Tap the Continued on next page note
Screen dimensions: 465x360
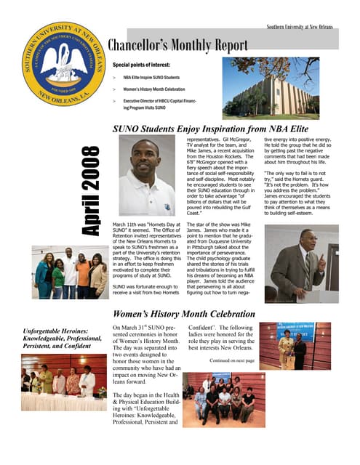click(x=231, y=360)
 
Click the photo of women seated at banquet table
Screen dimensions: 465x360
click(x=64, y=383)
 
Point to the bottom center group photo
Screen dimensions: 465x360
click(x=218, y=398)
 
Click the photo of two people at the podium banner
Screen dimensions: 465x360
click(x=294, y=346)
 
